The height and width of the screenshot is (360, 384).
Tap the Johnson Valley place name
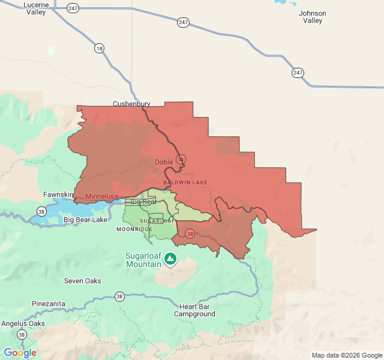click(313, 17)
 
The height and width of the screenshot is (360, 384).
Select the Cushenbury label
click(131, 104)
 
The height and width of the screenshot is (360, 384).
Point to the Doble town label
click(164, 162)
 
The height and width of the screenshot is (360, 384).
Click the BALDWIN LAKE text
click(185, 181)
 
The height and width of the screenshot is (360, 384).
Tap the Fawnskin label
click(58, 194)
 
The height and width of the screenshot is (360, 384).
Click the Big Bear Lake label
click(85, 220)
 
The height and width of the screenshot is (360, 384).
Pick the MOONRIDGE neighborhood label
click(134, 229)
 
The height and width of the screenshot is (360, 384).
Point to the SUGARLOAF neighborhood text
click(157, 221)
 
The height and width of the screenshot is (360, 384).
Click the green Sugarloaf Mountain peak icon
click(170, 259)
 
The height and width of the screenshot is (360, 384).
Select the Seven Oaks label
click(83, 281)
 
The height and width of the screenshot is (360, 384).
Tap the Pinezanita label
click(49, 304)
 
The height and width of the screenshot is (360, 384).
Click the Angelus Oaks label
click(23, 323)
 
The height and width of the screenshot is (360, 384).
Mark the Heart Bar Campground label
click(194, 310)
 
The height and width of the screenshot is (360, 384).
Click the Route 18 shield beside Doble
click(181, 160)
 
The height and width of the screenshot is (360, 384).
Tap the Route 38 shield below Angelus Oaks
click(22, 334)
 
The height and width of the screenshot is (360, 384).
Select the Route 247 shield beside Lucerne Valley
click(73, 8)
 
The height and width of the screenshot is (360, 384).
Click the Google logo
click(20, 352)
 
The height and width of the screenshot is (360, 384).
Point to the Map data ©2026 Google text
click(346, 355)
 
